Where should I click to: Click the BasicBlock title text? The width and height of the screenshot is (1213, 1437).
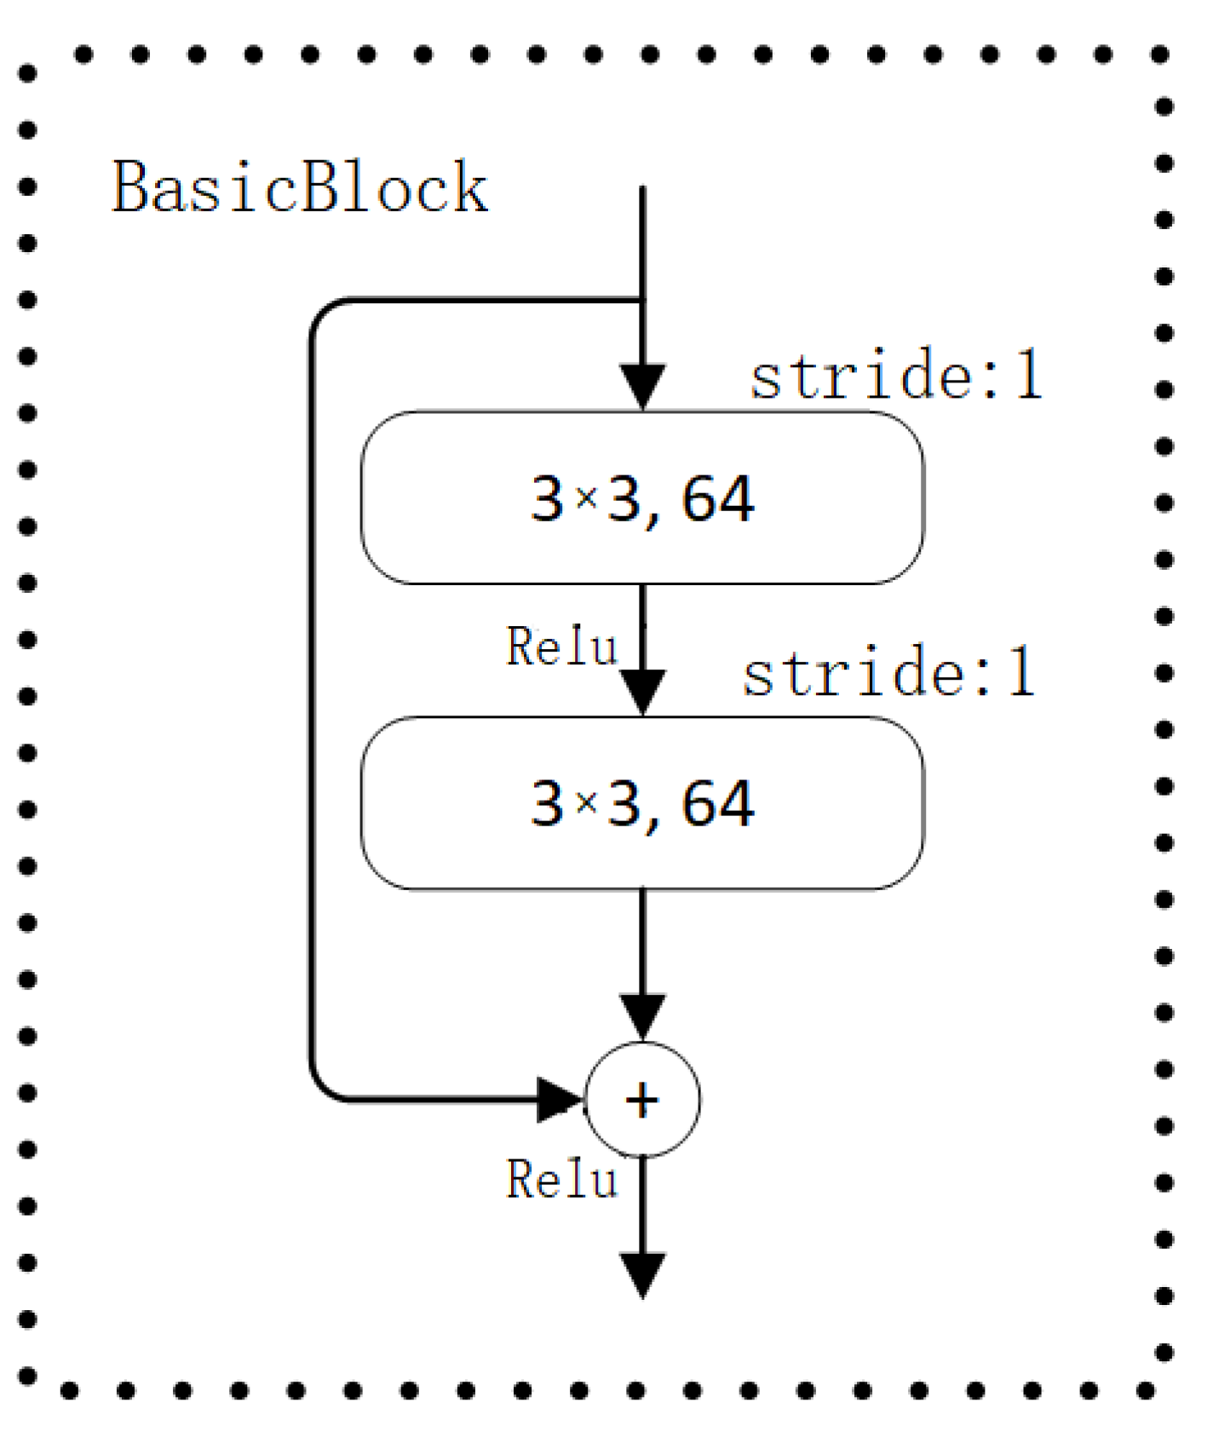tap(300, 187)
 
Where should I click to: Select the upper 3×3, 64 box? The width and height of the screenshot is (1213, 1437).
tap(641, 498)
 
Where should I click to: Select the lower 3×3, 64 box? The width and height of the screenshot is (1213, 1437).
tap(641, 803)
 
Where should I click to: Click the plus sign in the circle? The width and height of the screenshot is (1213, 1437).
tap(642, 1100)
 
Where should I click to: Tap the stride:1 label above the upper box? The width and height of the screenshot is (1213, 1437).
tap(896, 375)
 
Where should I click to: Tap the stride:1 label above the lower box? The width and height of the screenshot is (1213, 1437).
tap(888, 672)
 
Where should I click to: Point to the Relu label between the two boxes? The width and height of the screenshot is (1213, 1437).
tap(561, 647)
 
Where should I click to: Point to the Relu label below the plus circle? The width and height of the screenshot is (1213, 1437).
tap(561, 1180)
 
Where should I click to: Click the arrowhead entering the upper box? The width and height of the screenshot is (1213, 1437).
tap(642, 387)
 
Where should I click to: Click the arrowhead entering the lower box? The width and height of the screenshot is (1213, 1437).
tap(642, 692)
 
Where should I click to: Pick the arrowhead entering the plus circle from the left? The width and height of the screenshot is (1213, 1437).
tap(559, 1100)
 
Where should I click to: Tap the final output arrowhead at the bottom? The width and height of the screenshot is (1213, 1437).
tap(642, 1274)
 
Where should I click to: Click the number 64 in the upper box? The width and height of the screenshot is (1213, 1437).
tap(718, 498)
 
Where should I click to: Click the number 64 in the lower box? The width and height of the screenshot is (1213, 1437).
tap(718, 803)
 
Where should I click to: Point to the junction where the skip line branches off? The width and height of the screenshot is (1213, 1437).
tap(642, 300)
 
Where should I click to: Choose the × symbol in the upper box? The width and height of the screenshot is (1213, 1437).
tap(587, 498)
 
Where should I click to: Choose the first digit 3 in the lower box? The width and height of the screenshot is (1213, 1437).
tap(547, 803)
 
